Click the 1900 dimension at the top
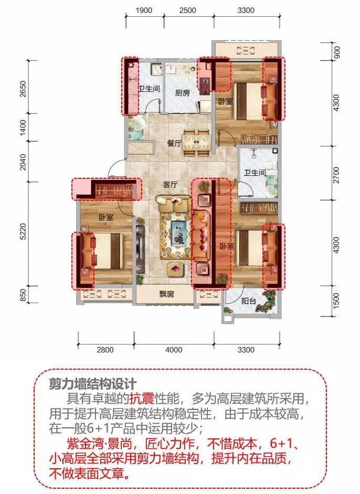144,10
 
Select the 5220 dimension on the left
23,232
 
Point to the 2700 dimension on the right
336,175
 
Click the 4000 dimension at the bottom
174,350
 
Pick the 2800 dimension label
105,350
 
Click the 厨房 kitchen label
183,93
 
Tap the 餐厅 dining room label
175,143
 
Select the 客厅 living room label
170,185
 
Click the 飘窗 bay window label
166,294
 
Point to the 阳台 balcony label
249,301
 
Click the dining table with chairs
196,142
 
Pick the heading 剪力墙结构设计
93,384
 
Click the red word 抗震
142,399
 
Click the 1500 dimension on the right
336,300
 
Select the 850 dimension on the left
23,295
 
